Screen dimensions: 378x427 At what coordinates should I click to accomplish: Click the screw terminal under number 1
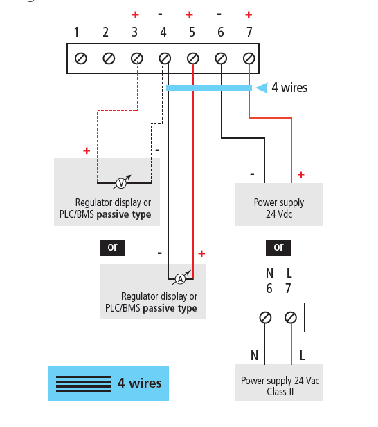coord(81,58)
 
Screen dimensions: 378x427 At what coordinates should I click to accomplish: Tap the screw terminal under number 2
coord(109,58)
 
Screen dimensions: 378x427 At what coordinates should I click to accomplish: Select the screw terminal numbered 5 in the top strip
coord(193,58)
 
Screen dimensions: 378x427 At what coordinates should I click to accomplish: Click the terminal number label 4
coord(163,32)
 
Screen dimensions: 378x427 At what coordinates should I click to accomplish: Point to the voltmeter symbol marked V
coord(121,183)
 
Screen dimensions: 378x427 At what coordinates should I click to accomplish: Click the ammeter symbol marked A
coord(180,279)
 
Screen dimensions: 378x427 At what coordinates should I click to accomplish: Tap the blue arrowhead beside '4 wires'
coord(262,88)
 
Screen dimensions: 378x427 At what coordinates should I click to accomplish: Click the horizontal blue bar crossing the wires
coord(209,88)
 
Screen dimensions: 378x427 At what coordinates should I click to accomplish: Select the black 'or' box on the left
coord(112,247)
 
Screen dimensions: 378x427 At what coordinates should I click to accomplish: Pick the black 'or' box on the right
coord(278,247)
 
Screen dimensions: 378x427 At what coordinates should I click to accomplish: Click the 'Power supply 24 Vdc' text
coord(279,208)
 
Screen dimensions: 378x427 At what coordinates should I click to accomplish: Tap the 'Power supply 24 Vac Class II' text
coord(280,386)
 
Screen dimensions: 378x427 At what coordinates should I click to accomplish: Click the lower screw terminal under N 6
coord(265,318)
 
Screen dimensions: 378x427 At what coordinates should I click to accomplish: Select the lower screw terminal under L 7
coord(291,318)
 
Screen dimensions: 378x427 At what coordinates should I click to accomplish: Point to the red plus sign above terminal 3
coord(136,15)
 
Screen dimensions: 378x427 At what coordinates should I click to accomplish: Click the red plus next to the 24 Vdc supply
coord(300,175)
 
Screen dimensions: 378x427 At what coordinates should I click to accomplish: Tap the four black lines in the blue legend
coord(84,384)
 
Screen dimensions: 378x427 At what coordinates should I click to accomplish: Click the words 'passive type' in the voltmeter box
coord(124,214)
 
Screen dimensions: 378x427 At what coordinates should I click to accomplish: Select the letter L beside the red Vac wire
coord(302,355)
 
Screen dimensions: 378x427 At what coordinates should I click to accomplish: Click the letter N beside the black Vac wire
coord(254,355)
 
